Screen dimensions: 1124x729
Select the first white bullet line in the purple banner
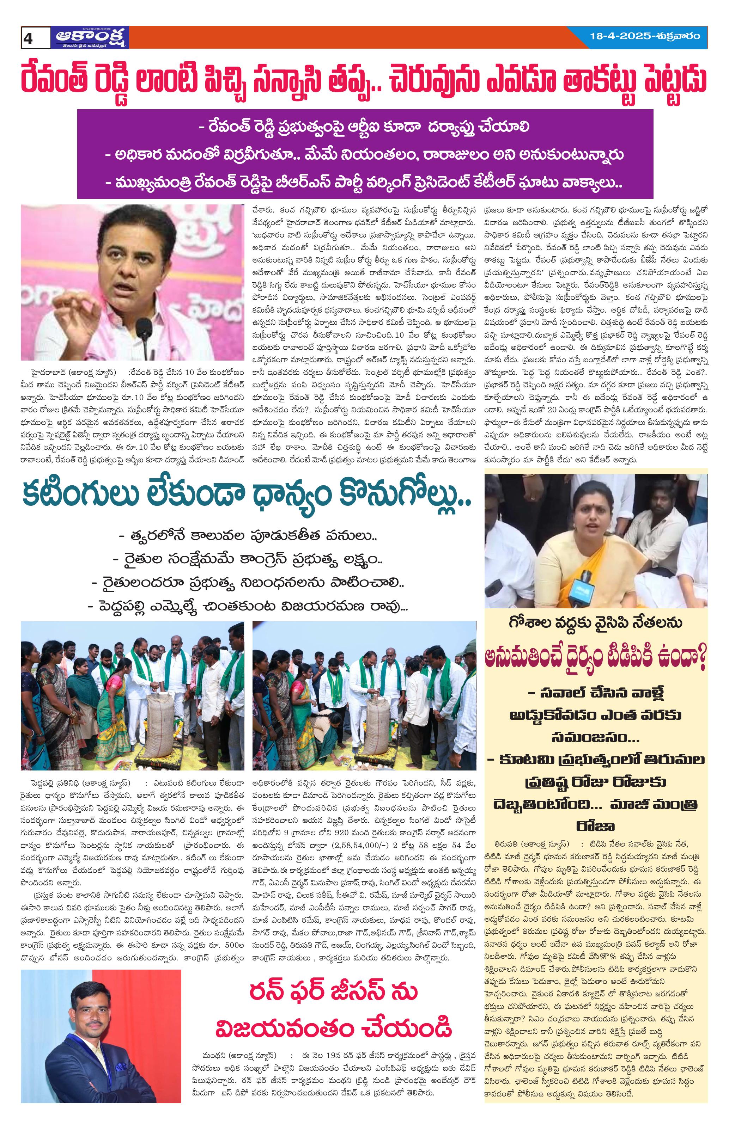click(x=364, y=127)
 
